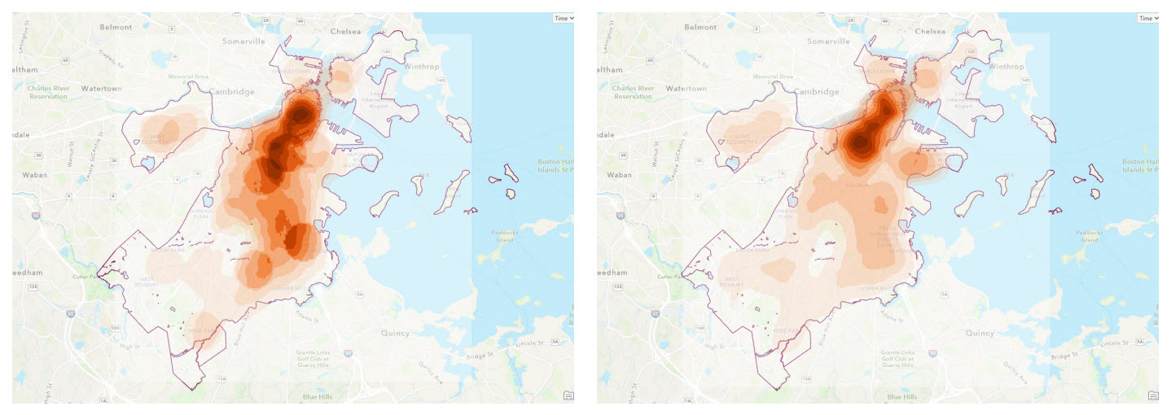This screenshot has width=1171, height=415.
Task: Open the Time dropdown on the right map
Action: point(1148,18)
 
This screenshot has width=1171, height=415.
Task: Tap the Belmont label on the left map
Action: point(116,27)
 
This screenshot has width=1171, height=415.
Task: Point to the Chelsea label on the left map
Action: point(345,32)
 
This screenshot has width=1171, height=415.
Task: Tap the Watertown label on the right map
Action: point(686,88)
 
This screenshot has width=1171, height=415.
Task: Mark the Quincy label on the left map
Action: point(397,333)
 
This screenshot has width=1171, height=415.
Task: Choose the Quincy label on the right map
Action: point(980,333)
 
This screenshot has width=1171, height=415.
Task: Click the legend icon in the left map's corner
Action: point(568,395)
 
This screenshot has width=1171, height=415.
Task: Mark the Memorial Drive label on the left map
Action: point(189,77)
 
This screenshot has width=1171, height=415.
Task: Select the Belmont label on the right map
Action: point(700,27)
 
